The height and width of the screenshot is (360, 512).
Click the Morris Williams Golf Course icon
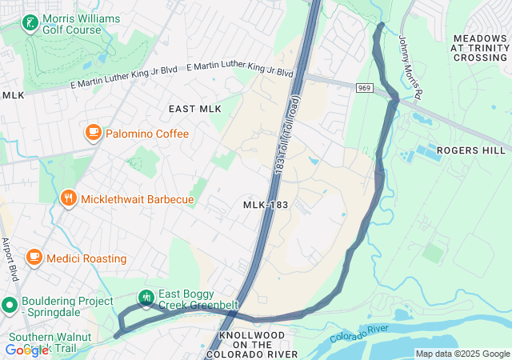click(30, 23)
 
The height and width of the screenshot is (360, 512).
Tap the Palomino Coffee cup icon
click(94, 133)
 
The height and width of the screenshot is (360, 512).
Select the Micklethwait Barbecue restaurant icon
click(69, 198)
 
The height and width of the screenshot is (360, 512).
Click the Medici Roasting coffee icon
click(34, 258)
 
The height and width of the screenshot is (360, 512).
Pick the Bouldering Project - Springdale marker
click(10, 305)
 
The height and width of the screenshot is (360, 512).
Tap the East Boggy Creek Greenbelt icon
click(146, 298)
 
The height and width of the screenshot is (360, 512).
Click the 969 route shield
click(365, 87)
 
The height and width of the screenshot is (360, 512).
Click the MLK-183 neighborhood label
click(265, 206)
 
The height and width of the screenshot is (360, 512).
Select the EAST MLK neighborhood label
click(194, 109)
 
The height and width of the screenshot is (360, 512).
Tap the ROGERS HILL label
click(471, 150)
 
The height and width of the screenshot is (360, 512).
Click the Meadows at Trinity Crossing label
click(479, 47)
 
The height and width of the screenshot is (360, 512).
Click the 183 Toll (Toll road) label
click(285, 132)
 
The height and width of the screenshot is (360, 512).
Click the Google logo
click(26, 350)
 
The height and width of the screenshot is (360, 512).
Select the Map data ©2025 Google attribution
click(462, 354)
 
